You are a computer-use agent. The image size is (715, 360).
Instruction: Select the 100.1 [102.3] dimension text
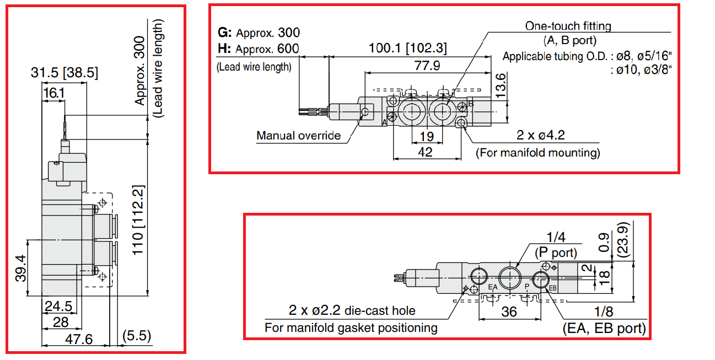[408, 49]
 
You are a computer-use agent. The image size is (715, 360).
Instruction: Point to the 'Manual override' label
[298, 136]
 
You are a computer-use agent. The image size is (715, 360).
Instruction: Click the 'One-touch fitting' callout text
[568, 25]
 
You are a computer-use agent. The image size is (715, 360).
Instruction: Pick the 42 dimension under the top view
[426, 152]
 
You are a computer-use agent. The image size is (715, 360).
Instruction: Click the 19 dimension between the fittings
[426, 136]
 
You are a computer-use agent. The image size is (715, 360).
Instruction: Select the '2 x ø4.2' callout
[540, 136]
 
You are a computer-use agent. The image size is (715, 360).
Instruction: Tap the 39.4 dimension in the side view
[20, 268]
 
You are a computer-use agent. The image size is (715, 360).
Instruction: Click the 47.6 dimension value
[78, 339]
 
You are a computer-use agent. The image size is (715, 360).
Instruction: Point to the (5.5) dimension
[136, 336]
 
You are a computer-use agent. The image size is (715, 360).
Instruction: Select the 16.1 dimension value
[53, 93]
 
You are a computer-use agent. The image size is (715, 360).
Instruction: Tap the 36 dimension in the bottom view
[509, 311]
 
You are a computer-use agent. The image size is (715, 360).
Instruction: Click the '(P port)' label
[556, 253]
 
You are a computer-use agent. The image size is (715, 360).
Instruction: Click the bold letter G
[223, 32]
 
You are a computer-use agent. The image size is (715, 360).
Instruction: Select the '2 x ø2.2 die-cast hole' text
[352, 311]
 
